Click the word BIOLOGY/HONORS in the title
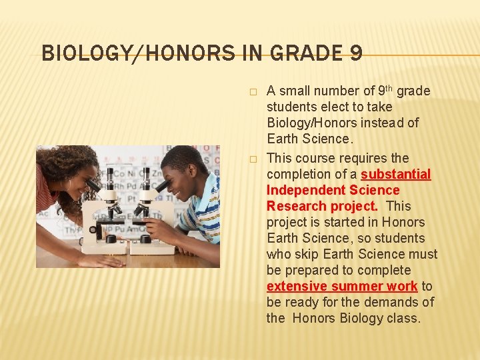pos(133,53)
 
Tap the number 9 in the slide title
pos(355,53)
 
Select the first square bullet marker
pos(252,91)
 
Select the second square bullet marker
pos(252,159)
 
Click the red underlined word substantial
pos(395,174)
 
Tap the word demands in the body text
pos(393,302)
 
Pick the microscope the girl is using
pos(106,213)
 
